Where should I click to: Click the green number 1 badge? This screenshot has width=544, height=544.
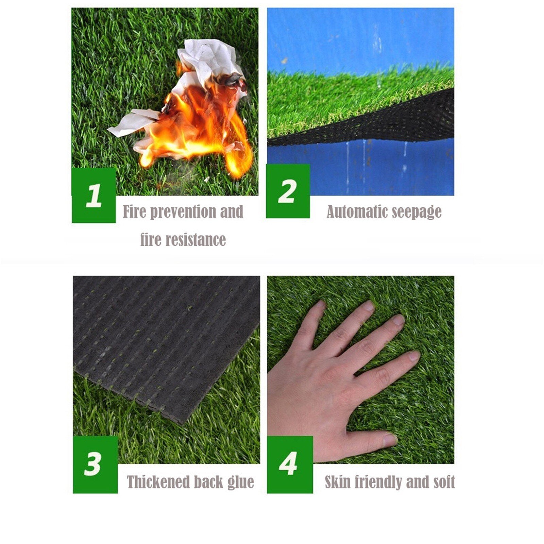pyautogui.click(x=93, y=195)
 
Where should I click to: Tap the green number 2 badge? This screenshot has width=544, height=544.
pyautogui.click(x=288, y=191)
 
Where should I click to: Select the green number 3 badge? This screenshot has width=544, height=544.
pyautogui.click(x=95, y=464)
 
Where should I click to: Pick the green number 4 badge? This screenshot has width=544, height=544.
pyautogui.click(x=290, y=464)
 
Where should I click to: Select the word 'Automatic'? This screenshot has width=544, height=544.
pyautogui.click(x=356, y=211)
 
